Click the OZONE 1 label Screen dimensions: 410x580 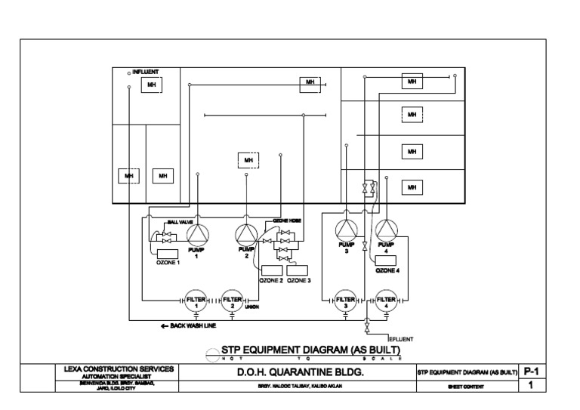tap(168, 263)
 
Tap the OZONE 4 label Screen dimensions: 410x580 tap(387, 270)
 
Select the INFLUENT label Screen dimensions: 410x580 tap(146, 72)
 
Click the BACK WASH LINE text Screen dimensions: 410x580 tap(189, 325)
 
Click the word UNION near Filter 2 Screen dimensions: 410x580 tap(252, 307)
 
